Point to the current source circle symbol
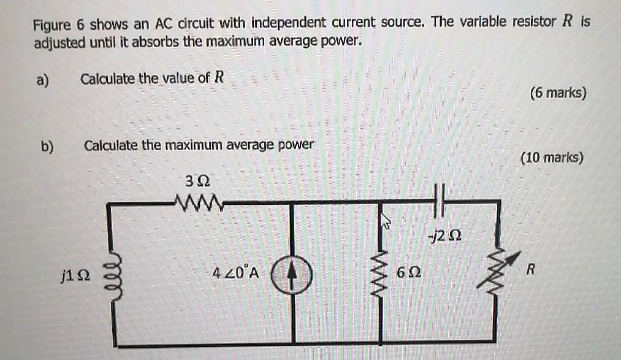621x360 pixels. point(292,273)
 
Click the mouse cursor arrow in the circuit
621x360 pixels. point(386,221)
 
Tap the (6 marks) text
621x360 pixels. point(558,93)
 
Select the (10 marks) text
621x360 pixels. point(552,158)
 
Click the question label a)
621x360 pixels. point(42,80)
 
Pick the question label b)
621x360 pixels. point(47,147)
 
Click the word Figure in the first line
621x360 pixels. point(53,25)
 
